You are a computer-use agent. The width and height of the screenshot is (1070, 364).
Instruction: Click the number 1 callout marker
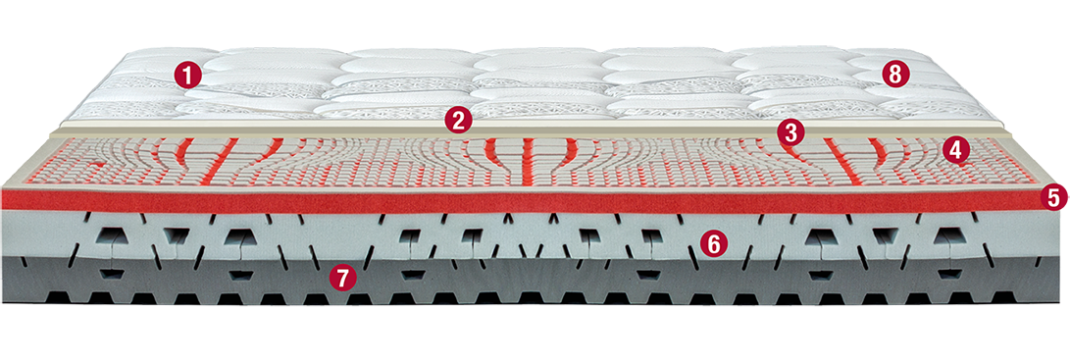[x=187, y=75]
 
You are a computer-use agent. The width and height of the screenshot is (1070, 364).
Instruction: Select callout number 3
[x=790, y=131]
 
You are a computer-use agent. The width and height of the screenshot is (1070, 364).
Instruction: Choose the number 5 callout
[x=1053, y=197]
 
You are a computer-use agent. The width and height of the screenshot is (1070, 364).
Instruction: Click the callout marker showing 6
[x=712, y=242]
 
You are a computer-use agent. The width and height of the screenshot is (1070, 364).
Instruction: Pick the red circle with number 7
[x=342, y=278]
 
